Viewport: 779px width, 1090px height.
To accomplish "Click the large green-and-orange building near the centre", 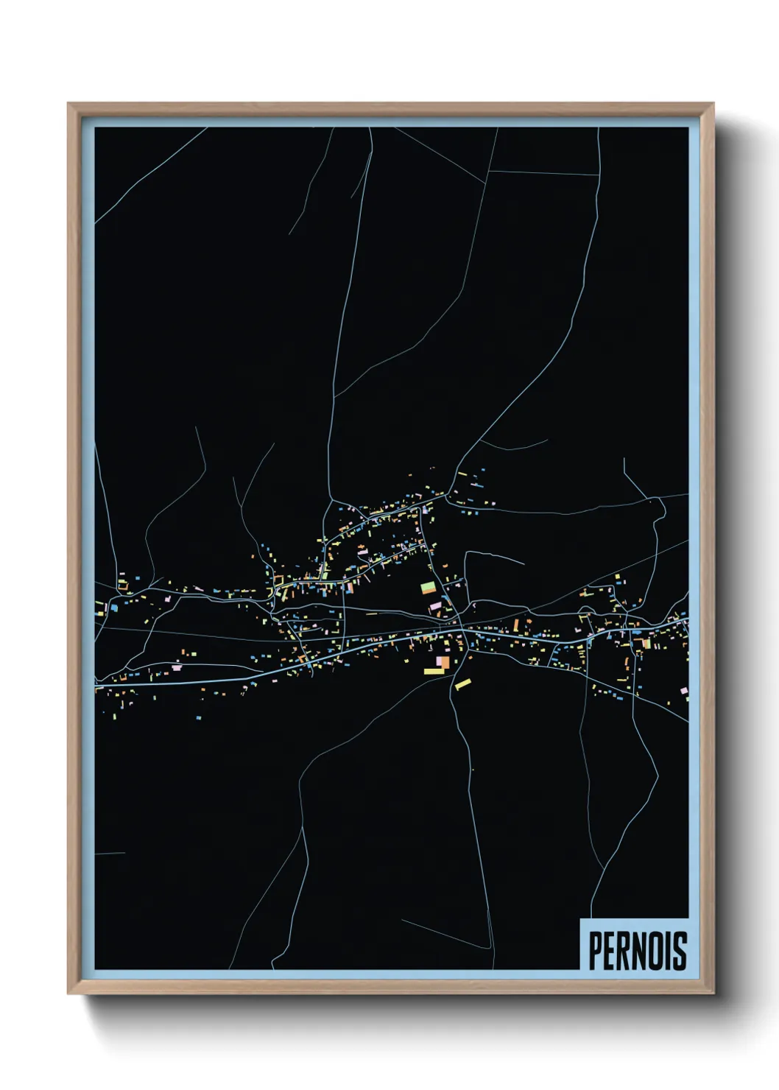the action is coord(428,588).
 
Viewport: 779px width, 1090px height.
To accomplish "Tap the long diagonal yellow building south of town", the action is coord(462,684).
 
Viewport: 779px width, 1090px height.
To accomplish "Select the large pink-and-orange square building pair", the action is coord(441,662).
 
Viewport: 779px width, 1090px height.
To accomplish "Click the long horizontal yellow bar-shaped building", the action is coord(433,671).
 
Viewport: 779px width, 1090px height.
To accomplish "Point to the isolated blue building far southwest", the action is coord(198,716).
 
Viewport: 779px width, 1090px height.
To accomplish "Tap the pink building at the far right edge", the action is coord(683,690).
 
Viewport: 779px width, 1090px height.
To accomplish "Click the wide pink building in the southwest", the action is coord(175,667).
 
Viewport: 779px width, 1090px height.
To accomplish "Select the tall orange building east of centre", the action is coord(516,625).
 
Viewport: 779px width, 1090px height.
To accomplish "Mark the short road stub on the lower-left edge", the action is coord(110,853).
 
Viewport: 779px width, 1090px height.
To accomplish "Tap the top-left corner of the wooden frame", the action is coord(68,104).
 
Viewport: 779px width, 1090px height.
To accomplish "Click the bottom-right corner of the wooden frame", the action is coord(713,994).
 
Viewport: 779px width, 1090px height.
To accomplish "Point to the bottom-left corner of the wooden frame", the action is coord(68,994).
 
